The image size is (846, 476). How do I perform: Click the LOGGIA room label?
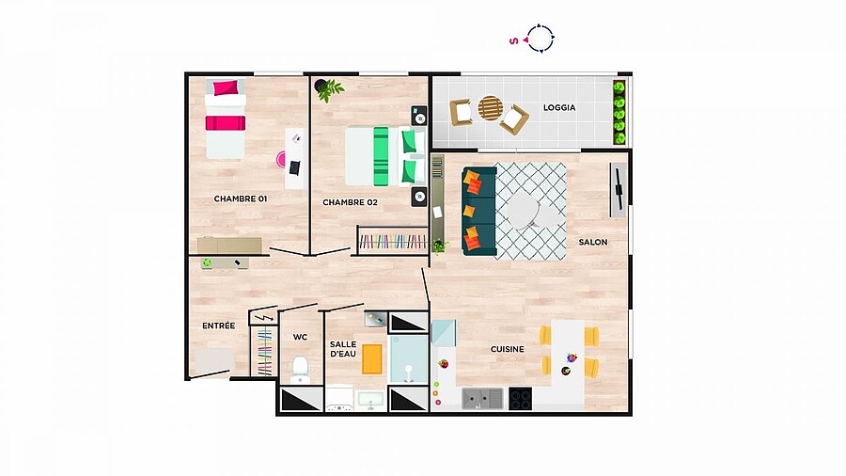[559, 108]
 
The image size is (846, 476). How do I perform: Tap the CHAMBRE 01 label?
[241, 198]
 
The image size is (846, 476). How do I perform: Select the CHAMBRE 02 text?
[351, 202]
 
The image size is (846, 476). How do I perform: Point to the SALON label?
[593, 243]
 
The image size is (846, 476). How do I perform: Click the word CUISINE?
[508, 349]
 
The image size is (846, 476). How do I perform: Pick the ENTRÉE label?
[218, 325]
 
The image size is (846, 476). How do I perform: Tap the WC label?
[300, 338]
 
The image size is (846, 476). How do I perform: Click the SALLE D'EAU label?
[343, 349]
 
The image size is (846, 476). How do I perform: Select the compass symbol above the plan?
[540, 39]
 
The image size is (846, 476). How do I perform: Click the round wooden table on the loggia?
[490, 108]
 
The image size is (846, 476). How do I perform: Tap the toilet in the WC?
[300, 369]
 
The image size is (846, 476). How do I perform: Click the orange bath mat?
[371, 359]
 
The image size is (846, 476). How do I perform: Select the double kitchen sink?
[482, 399]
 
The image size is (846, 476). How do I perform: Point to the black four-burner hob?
[520, 399]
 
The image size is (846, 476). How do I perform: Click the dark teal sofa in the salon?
[479, 211]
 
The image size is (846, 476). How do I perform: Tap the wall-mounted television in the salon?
[619, 190]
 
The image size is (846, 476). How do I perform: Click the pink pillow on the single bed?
[226, 88]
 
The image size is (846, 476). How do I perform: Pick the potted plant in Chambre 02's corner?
[329, 89]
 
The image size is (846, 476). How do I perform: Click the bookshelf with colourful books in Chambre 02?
[393, 241]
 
